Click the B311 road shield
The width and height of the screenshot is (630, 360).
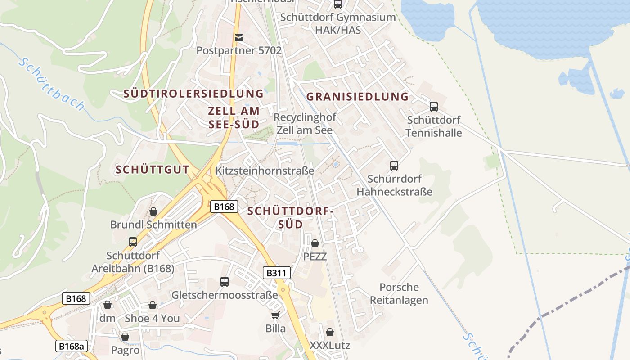click(x=277, y=273)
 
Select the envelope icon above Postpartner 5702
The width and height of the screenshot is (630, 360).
click(x=239, y=38)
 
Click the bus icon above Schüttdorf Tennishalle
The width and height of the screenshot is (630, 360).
click(x=434, y=107)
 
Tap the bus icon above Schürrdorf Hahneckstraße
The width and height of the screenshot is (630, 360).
click(x=394, y=166)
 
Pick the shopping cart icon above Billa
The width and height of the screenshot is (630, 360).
click(x=275, y=315)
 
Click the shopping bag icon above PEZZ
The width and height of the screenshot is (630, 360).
click(x=315, y=243)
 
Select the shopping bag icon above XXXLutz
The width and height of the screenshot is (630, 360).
click(x=330, y=333)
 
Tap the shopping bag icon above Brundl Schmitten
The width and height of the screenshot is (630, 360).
click(x=153, y=211)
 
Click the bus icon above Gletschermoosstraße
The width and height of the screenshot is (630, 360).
click(x=225, y=282)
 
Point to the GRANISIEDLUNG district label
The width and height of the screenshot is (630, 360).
click(x=357, y=97)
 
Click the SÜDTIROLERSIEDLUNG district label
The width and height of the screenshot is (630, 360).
click(x=193, y=94)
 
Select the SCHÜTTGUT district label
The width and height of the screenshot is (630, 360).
click(x=152, y=170)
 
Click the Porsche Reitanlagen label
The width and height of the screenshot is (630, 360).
click(x=399, y=293)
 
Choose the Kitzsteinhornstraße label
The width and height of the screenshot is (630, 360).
click(x=265, y=171)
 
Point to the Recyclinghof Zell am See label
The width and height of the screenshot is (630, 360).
click(x=305, y=124)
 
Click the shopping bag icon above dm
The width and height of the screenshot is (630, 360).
click(x=107, y=305)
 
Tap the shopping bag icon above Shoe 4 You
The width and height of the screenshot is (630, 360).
click(x=153, y=305)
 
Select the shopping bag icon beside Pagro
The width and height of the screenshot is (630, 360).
click(x=125, y=337)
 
